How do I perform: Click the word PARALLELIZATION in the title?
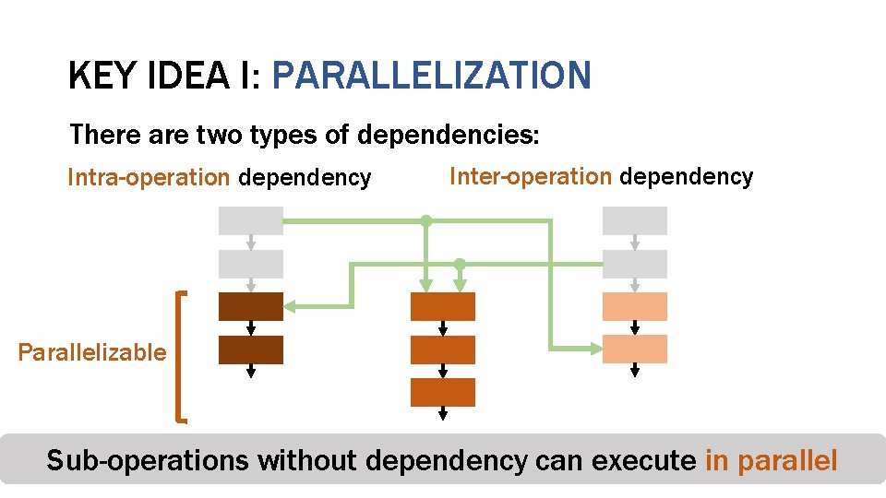click(x=431, y=76)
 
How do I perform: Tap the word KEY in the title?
click(x=102, y=76)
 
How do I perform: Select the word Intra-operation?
click(x=149, y=177)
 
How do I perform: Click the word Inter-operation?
click(x=530, y=176)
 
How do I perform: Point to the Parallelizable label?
click(x=92, y=352)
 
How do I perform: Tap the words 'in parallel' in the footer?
click(x=771, y=459)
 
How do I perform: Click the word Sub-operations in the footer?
click(x=148, y=459)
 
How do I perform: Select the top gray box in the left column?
click(x=250, y=221)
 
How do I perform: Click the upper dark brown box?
click(x=250, y=306)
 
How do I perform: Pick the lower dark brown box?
click(x=250, y=350)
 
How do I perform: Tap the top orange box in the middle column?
click(x=443, y=306)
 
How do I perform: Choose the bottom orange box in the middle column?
click(x=443, y=392)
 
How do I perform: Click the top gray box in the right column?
click(x=634, y=221)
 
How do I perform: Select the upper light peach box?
click(x=634, y=306)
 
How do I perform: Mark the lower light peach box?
click(x=634, y=350)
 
